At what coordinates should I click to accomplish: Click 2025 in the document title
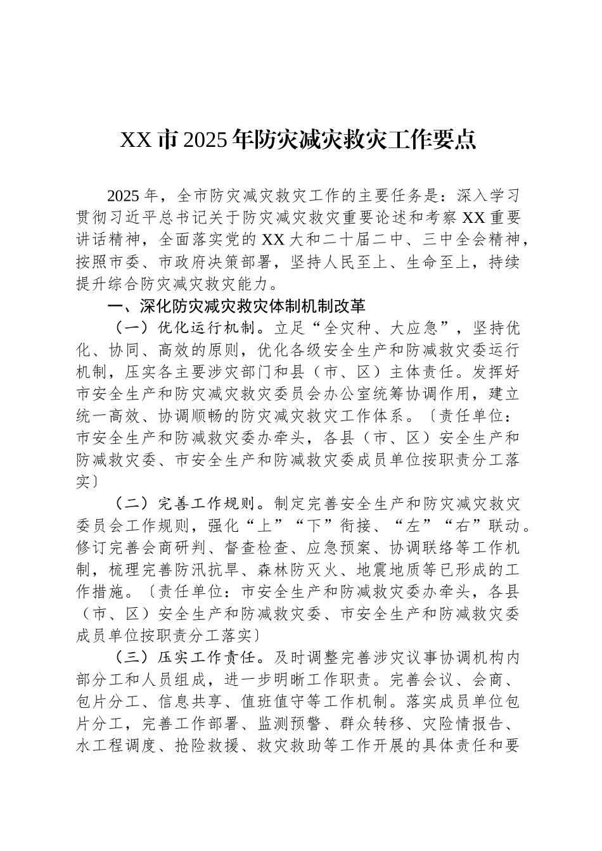point(205,141)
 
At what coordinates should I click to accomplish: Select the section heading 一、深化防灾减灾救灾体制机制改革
point(236,306)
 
